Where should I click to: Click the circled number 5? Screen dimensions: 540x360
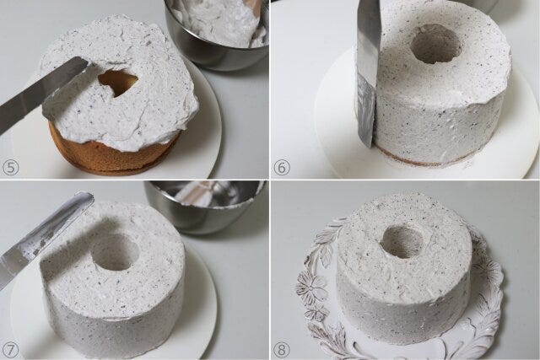click(10, 168)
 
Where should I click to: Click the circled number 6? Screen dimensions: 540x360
click(282, 168)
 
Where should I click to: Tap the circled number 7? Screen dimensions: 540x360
click(10, 350)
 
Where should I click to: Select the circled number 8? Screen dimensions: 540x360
click(282, 350)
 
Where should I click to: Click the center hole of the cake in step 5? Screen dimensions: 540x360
click(118, 83)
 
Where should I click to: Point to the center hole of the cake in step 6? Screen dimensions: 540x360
click(436, 44)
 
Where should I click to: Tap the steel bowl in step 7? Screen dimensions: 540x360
click(205, 207)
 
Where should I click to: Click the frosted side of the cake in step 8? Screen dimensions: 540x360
click(403, 306)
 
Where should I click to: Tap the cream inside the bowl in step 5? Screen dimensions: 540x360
click(224, 20)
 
